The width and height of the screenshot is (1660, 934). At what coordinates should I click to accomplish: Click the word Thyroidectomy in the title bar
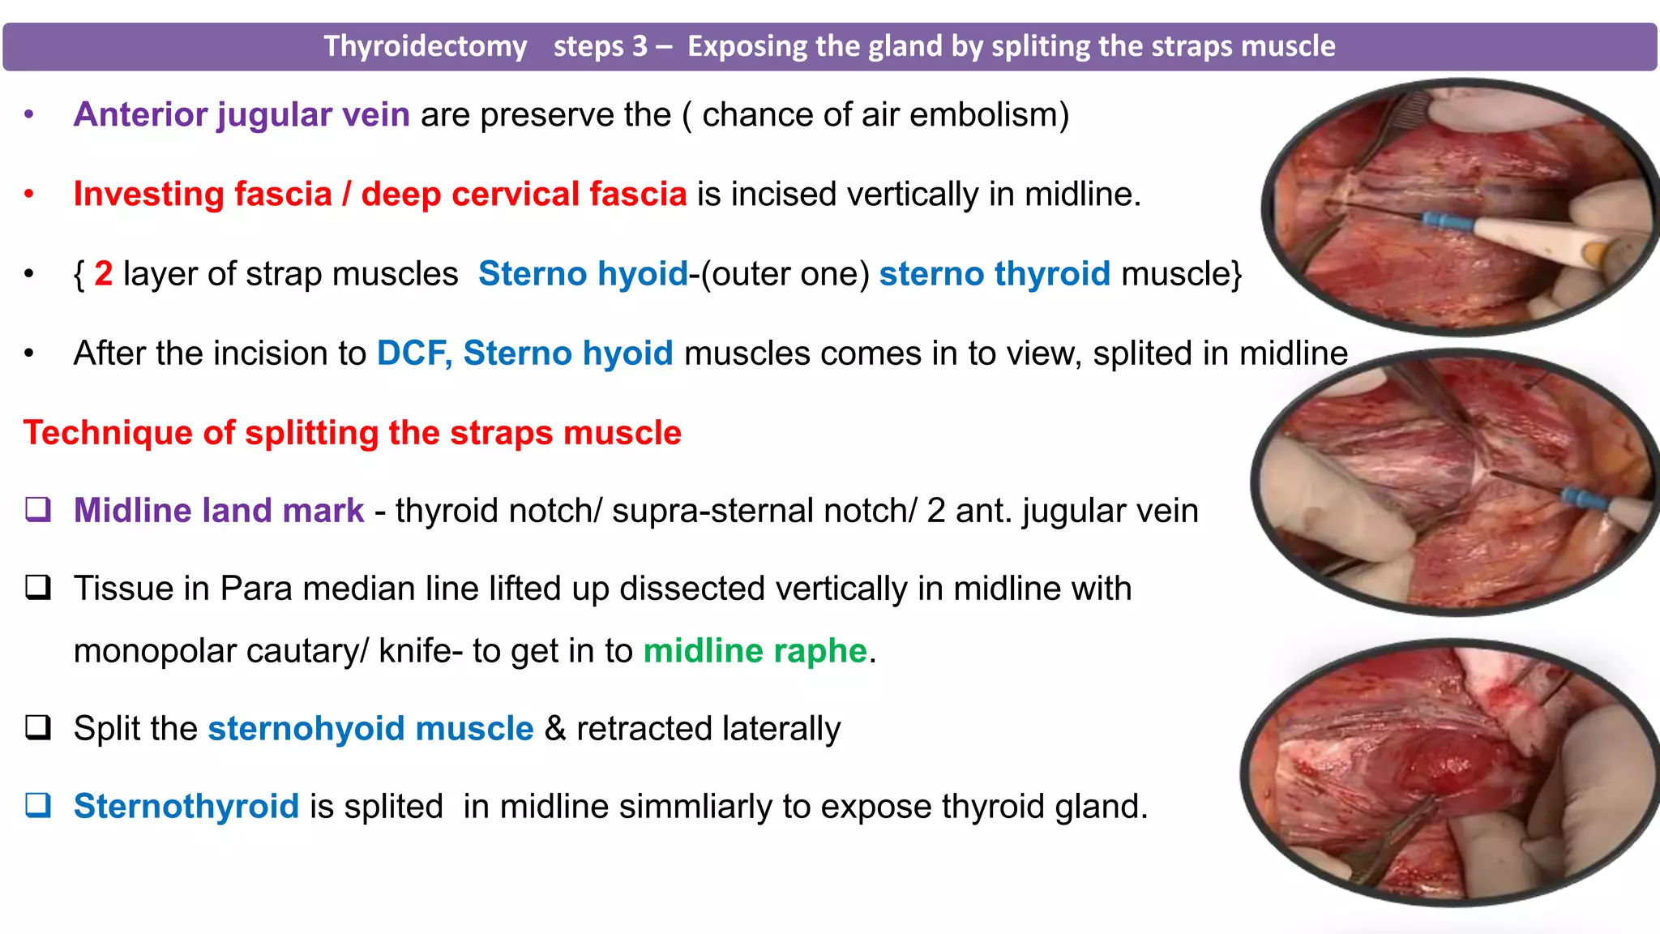[x=426, y=46]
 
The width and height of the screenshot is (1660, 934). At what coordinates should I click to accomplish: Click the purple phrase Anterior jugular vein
[x=242, y=114]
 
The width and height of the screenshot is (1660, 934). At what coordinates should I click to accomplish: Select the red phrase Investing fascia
[x=203, y=194]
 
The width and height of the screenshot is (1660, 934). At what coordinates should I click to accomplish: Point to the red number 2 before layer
[x=103, y=273]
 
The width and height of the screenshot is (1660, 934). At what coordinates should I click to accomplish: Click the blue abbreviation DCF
[x=413, y=353]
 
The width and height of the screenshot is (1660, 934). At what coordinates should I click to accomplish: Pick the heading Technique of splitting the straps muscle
[x=352, y=432]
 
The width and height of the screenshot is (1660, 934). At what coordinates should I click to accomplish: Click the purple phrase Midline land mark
[x=219, y=510]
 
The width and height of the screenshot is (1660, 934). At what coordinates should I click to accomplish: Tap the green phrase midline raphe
[x=755, y=650]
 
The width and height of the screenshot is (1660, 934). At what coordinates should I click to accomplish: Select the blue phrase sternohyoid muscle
[x=370, y=728]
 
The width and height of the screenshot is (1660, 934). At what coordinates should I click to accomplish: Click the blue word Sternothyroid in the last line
[x=186, y=806]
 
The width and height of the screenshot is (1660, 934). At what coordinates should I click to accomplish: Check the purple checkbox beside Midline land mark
[x=38, y=509]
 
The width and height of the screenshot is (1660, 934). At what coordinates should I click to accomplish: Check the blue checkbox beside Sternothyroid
[x=38, y=805]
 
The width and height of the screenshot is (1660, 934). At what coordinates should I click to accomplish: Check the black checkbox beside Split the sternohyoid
[x=38, y=727]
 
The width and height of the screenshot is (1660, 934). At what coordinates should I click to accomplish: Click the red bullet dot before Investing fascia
[x=29, y=194]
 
